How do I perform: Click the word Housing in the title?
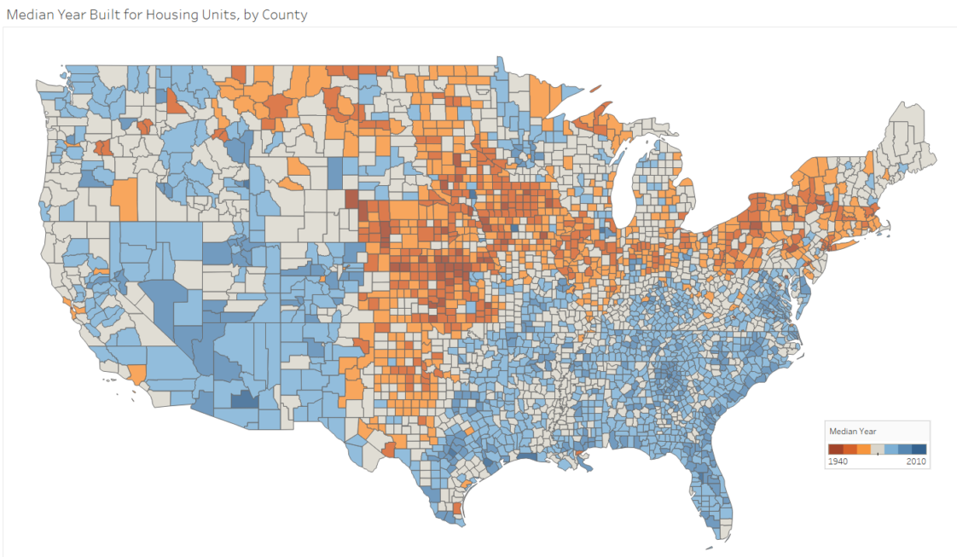point(170,15)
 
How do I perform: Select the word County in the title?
point(283,15)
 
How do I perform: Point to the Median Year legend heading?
point(853,431)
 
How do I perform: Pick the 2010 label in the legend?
point(917,461)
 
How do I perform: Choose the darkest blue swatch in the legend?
point(919,450)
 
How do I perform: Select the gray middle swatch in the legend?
point(878,450)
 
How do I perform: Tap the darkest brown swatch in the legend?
point(836,450)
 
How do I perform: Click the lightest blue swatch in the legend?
point(891,450)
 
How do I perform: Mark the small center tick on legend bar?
point(878,455)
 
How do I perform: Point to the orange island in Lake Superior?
point(594,87)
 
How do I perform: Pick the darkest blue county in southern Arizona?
point(243,398)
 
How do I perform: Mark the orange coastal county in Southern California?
point(136,374)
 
